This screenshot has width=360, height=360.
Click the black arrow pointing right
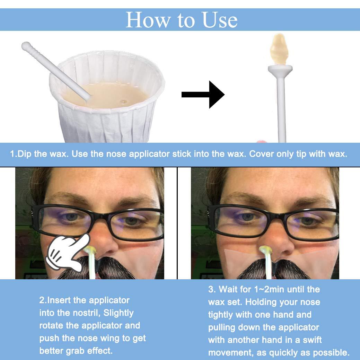tap(203, 94)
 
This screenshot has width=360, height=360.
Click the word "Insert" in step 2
tap(65, 300)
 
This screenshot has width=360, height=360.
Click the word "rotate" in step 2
tap(54, 326)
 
